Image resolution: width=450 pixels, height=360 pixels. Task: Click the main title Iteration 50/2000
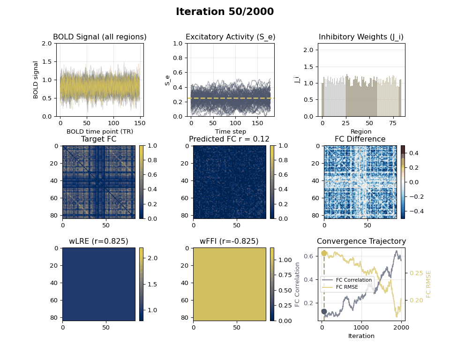coord(225,12)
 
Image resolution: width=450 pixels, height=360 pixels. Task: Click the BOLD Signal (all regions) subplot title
coord(99,37)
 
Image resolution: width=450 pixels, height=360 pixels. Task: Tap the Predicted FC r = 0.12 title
coord(229,139)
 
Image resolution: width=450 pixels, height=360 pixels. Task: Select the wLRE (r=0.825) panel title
coord(98,241)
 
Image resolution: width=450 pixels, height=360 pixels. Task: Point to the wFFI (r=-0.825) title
coord(229,241)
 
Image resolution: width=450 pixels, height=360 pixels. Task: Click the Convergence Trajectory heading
coord(361,241)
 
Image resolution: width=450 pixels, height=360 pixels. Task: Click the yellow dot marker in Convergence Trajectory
coord(324,253)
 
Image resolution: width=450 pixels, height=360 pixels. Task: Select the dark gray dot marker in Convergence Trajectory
coord(324,311)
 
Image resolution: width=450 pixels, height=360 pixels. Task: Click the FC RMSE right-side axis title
coord(428,284)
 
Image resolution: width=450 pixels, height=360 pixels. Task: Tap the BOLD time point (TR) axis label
coord(99,132)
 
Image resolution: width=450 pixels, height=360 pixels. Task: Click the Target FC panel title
coord(98,139)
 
